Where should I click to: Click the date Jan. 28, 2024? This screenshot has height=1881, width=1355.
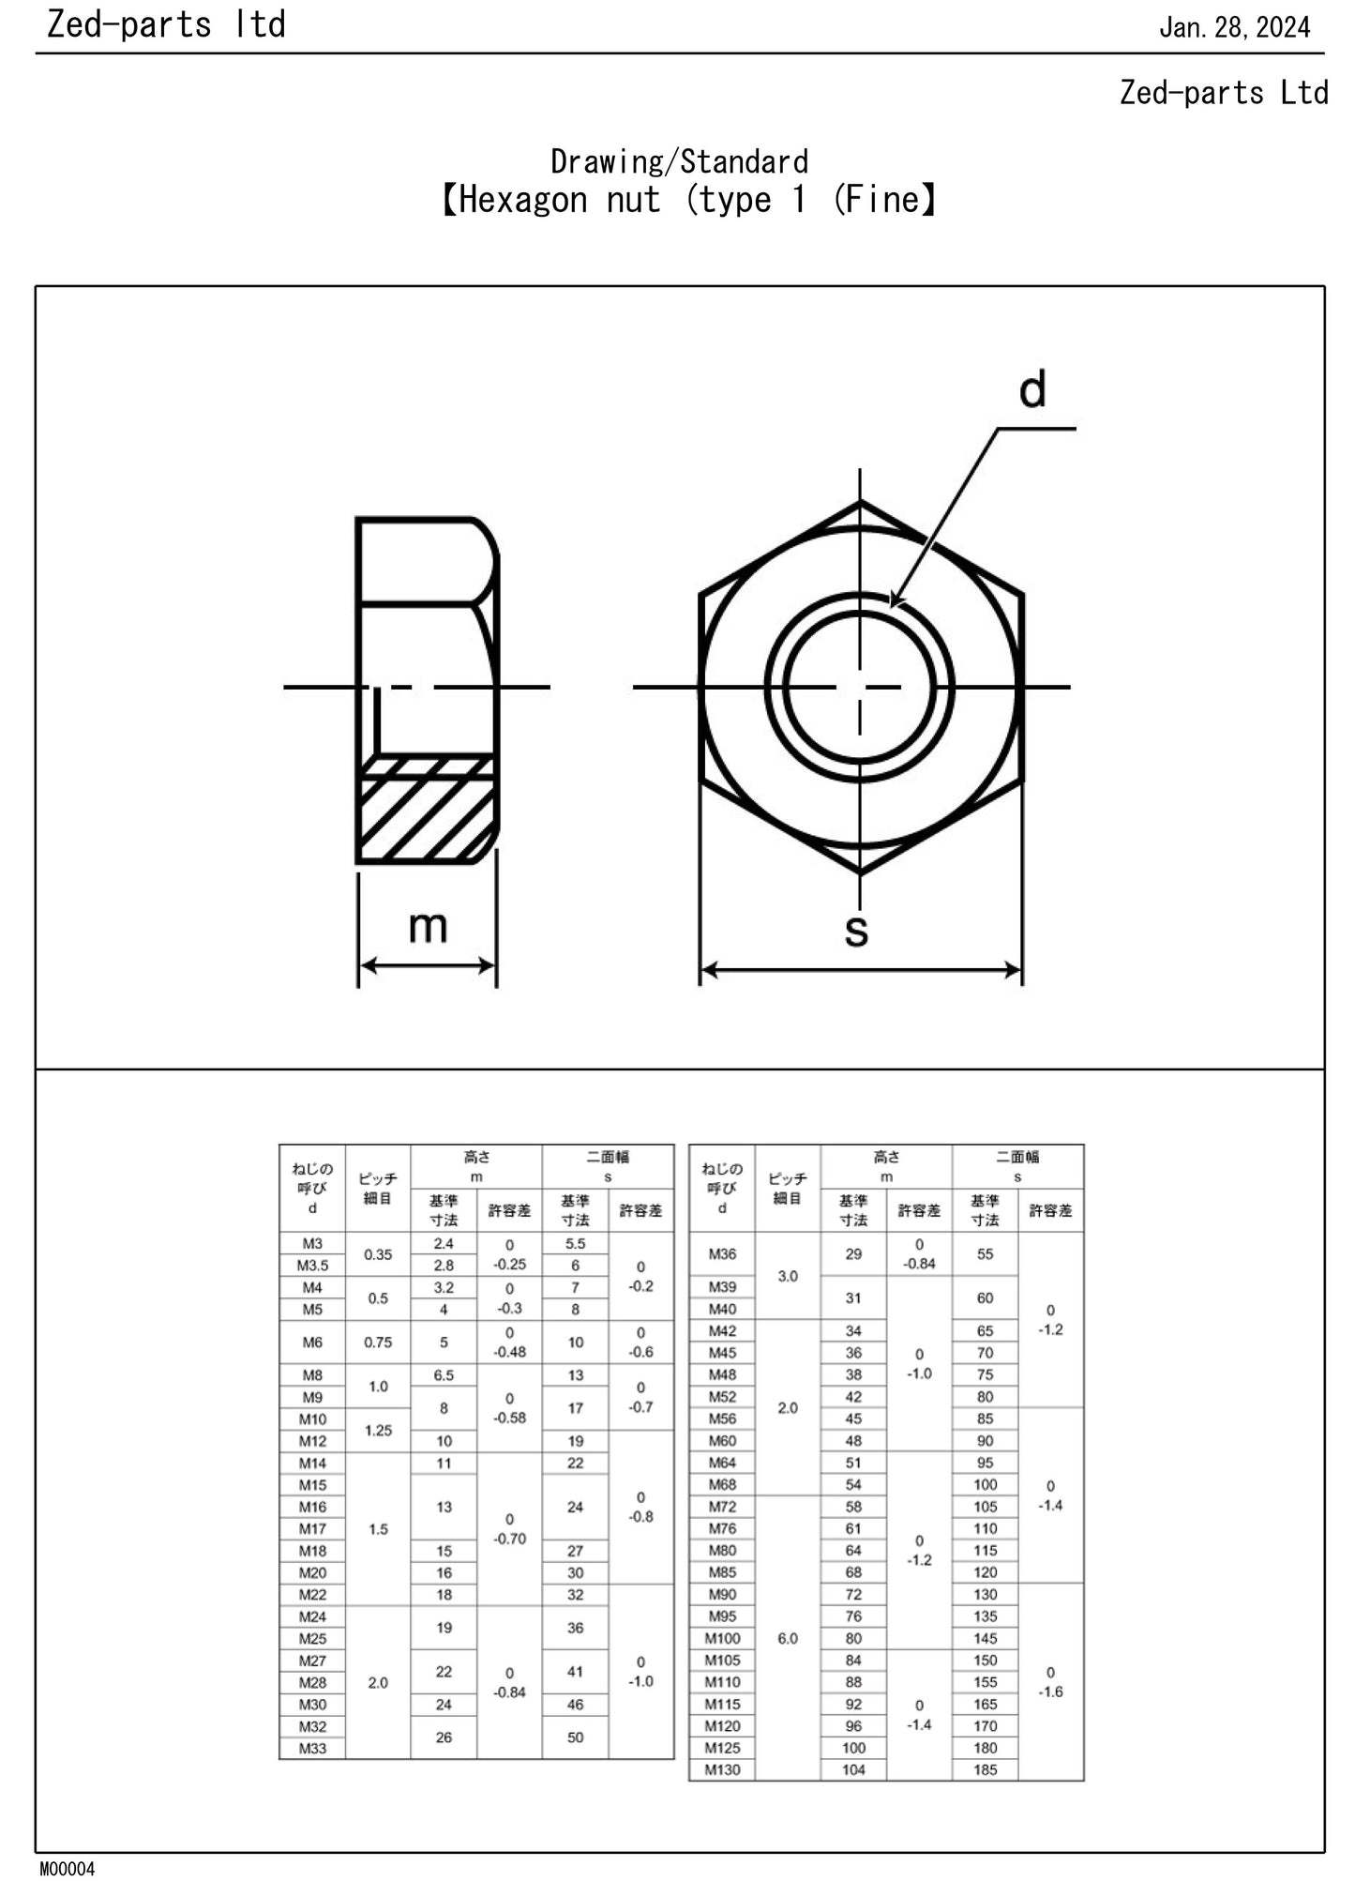coord(1234,27)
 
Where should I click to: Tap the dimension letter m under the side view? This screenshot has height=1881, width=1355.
coord(428,927)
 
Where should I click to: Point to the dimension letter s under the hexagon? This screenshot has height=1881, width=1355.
coord(856,930)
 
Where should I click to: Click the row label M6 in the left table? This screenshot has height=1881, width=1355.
coord(312,1342)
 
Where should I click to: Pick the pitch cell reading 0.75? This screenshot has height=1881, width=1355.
coord(378,1342)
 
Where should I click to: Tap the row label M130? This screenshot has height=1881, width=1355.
coord(722,1769)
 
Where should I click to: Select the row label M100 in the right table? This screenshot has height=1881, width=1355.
coord(722,1638)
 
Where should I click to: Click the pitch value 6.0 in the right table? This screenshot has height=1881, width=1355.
coord(788,1638)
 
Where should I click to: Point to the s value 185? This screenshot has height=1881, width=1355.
coord(985,1769)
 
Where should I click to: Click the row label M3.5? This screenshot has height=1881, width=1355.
coord(312,1266)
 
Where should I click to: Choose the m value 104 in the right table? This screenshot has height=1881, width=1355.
coord(853,1769)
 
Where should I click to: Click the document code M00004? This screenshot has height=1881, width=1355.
coord(67,1869)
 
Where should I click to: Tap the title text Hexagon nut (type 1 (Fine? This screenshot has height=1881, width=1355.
coord(688,200)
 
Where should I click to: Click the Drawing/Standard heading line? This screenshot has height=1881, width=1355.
coord(679,161)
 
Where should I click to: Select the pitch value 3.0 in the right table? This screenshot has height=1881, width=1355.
coord(788,1276)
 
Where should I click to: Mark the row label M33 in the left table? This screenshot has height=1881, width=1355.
coord(312,1748)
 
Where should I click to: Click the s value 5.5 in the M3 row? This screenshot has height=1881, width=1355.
coord(575,1244)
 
